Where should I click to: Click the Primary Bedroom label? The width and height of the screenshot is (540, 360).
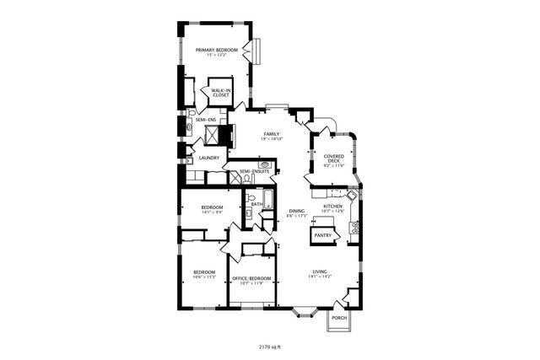pos(217,51)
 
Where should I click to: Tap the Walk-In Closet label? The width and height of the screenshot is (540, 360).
pos(221,93)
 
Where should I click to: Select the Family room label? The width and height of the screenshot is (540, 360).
pos(271,134)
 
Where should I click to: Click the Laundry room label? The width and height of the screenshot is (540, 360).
pos(208,158)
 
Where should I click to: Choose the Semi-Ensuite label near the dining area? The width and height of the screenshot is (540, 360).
pos(254,171)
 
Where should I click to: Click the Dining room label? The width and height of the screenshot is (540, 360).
pos(296,211)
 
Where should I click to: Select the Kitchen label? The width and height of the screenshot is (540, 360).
pos(332,206)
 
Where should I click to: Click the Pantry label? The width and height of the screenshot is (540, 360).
pos(322,235)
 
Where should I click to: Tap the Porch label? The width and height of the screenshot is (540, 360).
pos(338,318)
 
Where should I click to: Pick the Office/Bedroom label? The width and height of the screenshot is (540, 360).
pos(251,278)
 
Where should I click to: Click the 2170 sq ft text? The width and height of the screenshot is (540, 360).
pos(269,346)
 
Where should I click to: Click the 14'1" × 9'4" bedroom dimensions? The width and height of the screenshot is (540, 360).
pos(212,212)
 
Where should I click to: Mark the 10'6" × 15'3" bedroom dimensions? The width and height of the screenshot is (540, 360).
pos(205,277)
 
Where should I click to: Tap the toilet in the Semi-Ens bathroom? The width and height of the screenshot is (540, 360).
pos(193,111)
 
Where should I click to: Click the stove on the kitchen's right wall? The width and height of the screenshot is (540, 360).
pos(355,227)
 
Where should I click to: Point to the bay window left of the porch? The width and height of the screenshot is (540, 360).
pos(305,311)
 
